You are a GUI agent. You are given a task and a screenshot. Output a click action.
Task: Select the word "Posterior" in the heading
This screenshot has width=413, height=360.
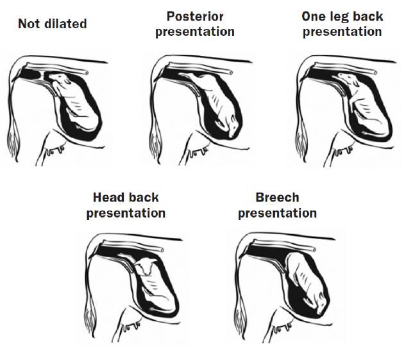(194, 16)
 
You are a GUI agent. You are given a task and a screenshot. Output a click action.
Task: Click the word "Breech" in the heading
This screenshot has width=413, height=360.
(277, 197)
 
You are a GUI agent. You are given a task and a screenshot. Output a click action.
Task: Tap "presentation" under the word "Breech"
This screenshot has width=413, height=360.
(277, 212)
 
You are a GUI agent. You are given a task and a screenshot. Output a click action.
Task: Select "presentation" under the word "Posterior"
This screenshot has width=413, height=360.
(194, 31)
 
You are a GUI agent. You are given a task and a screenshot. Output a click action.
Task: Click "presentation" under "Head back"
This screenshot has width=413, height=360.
(126, 212)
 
